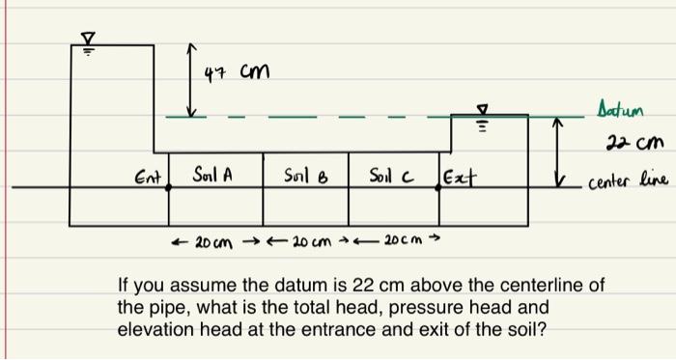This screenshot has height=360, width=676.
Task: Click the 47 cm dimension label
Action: tap(238, 72)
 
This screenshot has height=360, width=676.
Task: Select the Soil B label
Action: tap(305, 177)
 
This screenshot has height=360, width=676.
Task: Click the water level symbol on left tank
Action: tap(87, 39)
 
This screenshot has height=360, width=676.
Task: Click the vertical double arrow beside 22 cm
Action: tap(557, 151)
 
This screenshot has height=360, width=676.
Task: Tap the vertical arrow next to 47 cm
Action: tap(191, 79)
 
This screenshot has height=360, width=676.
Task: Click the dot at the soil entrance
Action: tap(170, 188)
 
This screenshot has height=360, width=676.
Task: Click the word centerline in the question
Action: tap(554, 286)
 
